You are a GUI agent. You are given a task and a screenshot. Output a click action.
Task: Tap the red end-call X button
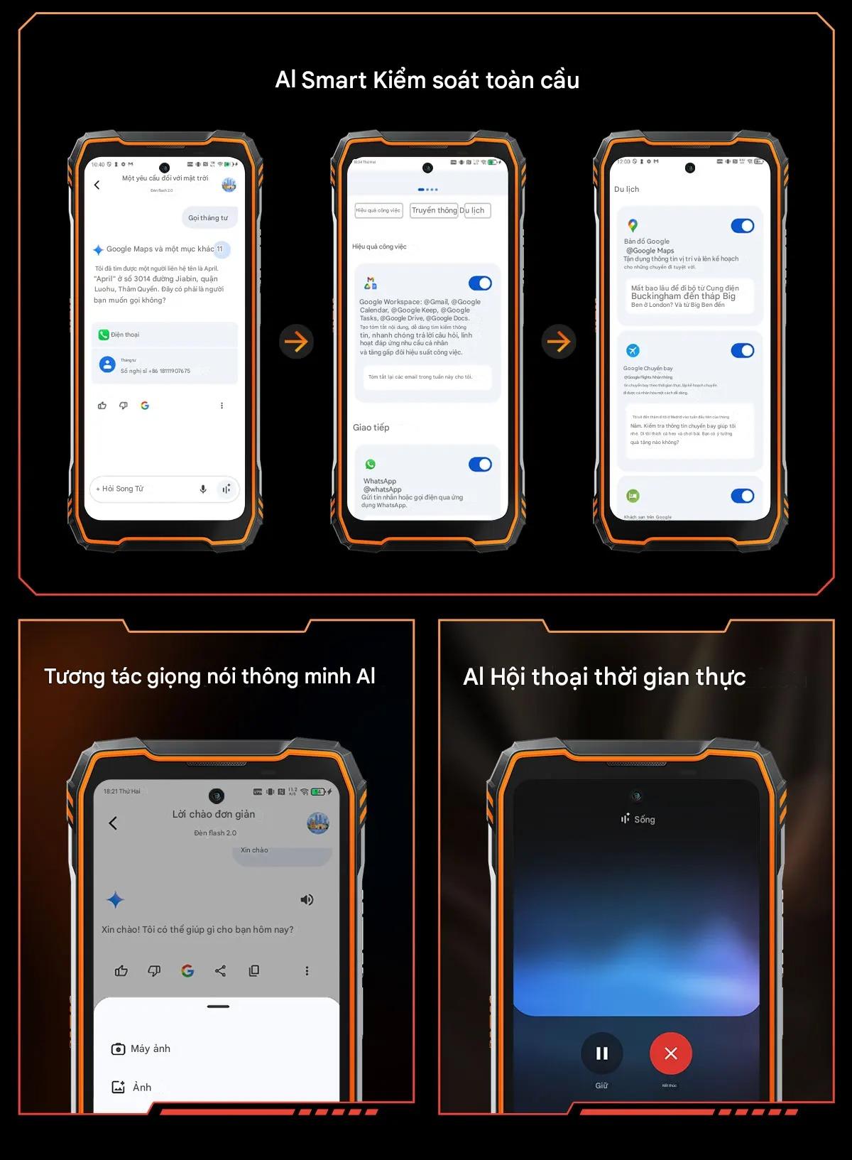coord(670,1053)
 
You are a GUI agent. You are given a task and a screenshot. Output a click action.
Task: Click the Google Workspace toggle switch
coord(480,283)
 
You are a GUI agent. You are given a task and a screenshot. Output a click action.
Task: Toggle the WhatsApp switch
coord(480,465)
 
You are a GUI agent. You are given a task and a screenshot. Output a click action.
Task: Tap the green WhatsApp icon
coord(370,465)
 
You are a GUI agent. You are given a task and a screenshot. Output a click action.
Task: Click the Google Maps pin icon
coord(633,226)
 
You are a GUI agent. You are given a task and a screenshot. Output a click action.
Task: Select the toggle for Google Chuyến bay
coord(742,351)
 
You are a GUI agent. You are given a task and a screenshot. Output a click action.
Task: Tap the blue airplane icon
coord(633,351)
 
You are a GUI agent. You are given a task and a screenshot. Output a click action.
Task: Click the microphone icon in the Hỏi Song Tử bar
coord(203,489)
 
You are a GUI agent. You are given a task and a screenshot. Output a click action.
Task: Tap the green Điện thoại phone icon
coord(104,335)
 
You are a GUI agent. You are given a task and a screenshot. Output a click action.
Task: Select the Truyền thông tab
coord(434,210)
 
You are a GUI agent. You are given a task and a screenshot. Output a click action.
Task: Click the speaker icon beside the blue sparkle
coord(307,900)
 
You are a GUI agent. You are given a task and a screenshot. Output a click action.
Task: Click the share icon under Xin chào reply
coord(221,971)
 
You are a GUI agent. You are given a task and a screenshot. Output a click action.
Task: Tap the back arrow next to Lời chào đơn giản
coord(113,823)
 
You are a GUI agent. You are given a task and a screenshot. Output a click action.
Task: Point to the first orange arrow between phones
coord(296,342)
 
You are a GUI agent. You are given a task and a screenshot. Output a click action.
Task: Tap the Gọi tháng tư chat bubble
coord(209,218)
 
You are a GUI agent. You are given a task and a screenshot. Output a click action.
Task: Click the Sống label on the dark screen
coord(644,819)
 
